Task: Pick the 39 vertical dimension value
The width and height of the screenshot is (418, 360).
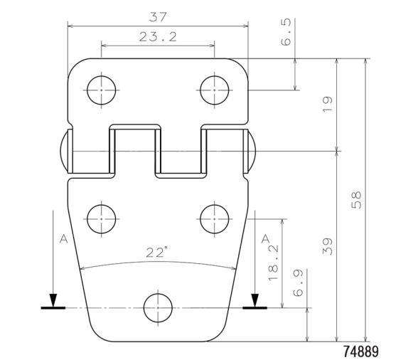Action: [326, 247]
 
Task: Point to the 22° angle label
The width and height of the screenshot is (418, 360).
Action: [157, 252]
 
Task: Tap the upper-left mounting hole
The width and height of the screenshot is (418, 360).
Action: [101, 90]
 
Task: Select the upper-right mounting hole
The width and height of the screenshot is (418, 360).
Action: [215, 90]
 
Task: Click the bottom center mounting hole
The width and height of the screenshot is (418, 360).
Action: [158, 308]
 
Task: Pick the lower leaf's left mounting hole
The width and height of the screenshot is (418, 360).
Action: [101, 218]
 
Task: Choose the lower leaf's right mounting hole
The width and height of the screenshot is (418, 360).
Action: [215, 218]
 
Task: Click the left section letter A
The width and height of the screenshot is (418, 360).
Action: [63, 240]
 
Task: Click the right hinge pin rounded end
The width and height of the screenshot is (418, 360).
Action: [252, 151]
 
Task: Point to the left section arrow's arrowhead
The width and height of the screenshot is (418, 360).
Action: [53, 299]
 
